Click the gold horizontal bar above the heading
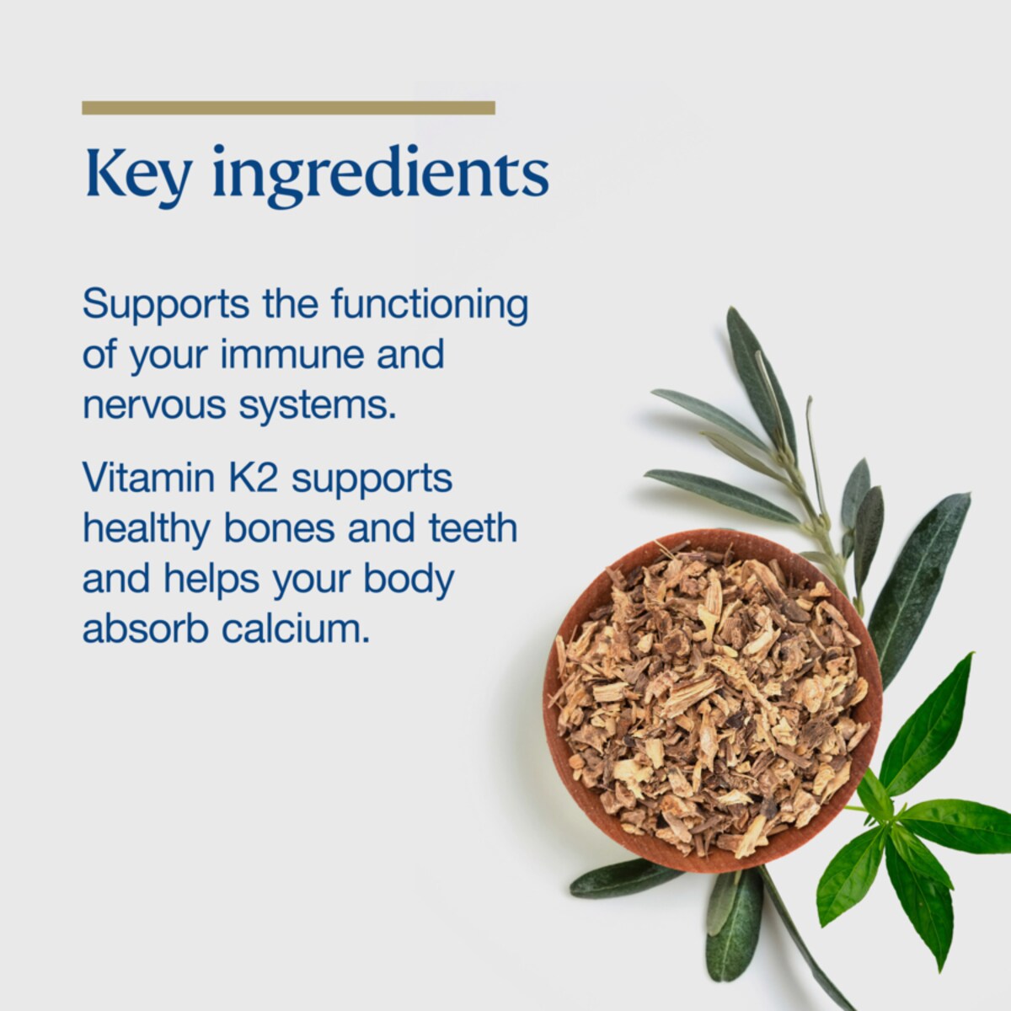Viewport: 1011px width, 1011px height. tap(288, 107)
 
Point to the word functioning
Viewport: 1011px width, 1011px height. tap(429, 305)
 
